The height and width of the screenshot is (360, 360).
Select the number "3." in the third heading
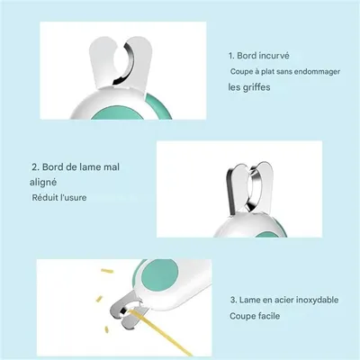point(233,298)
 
